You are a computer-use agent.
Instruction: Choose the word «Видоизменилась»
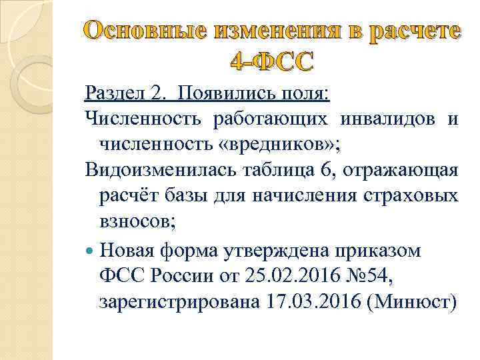157,170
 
